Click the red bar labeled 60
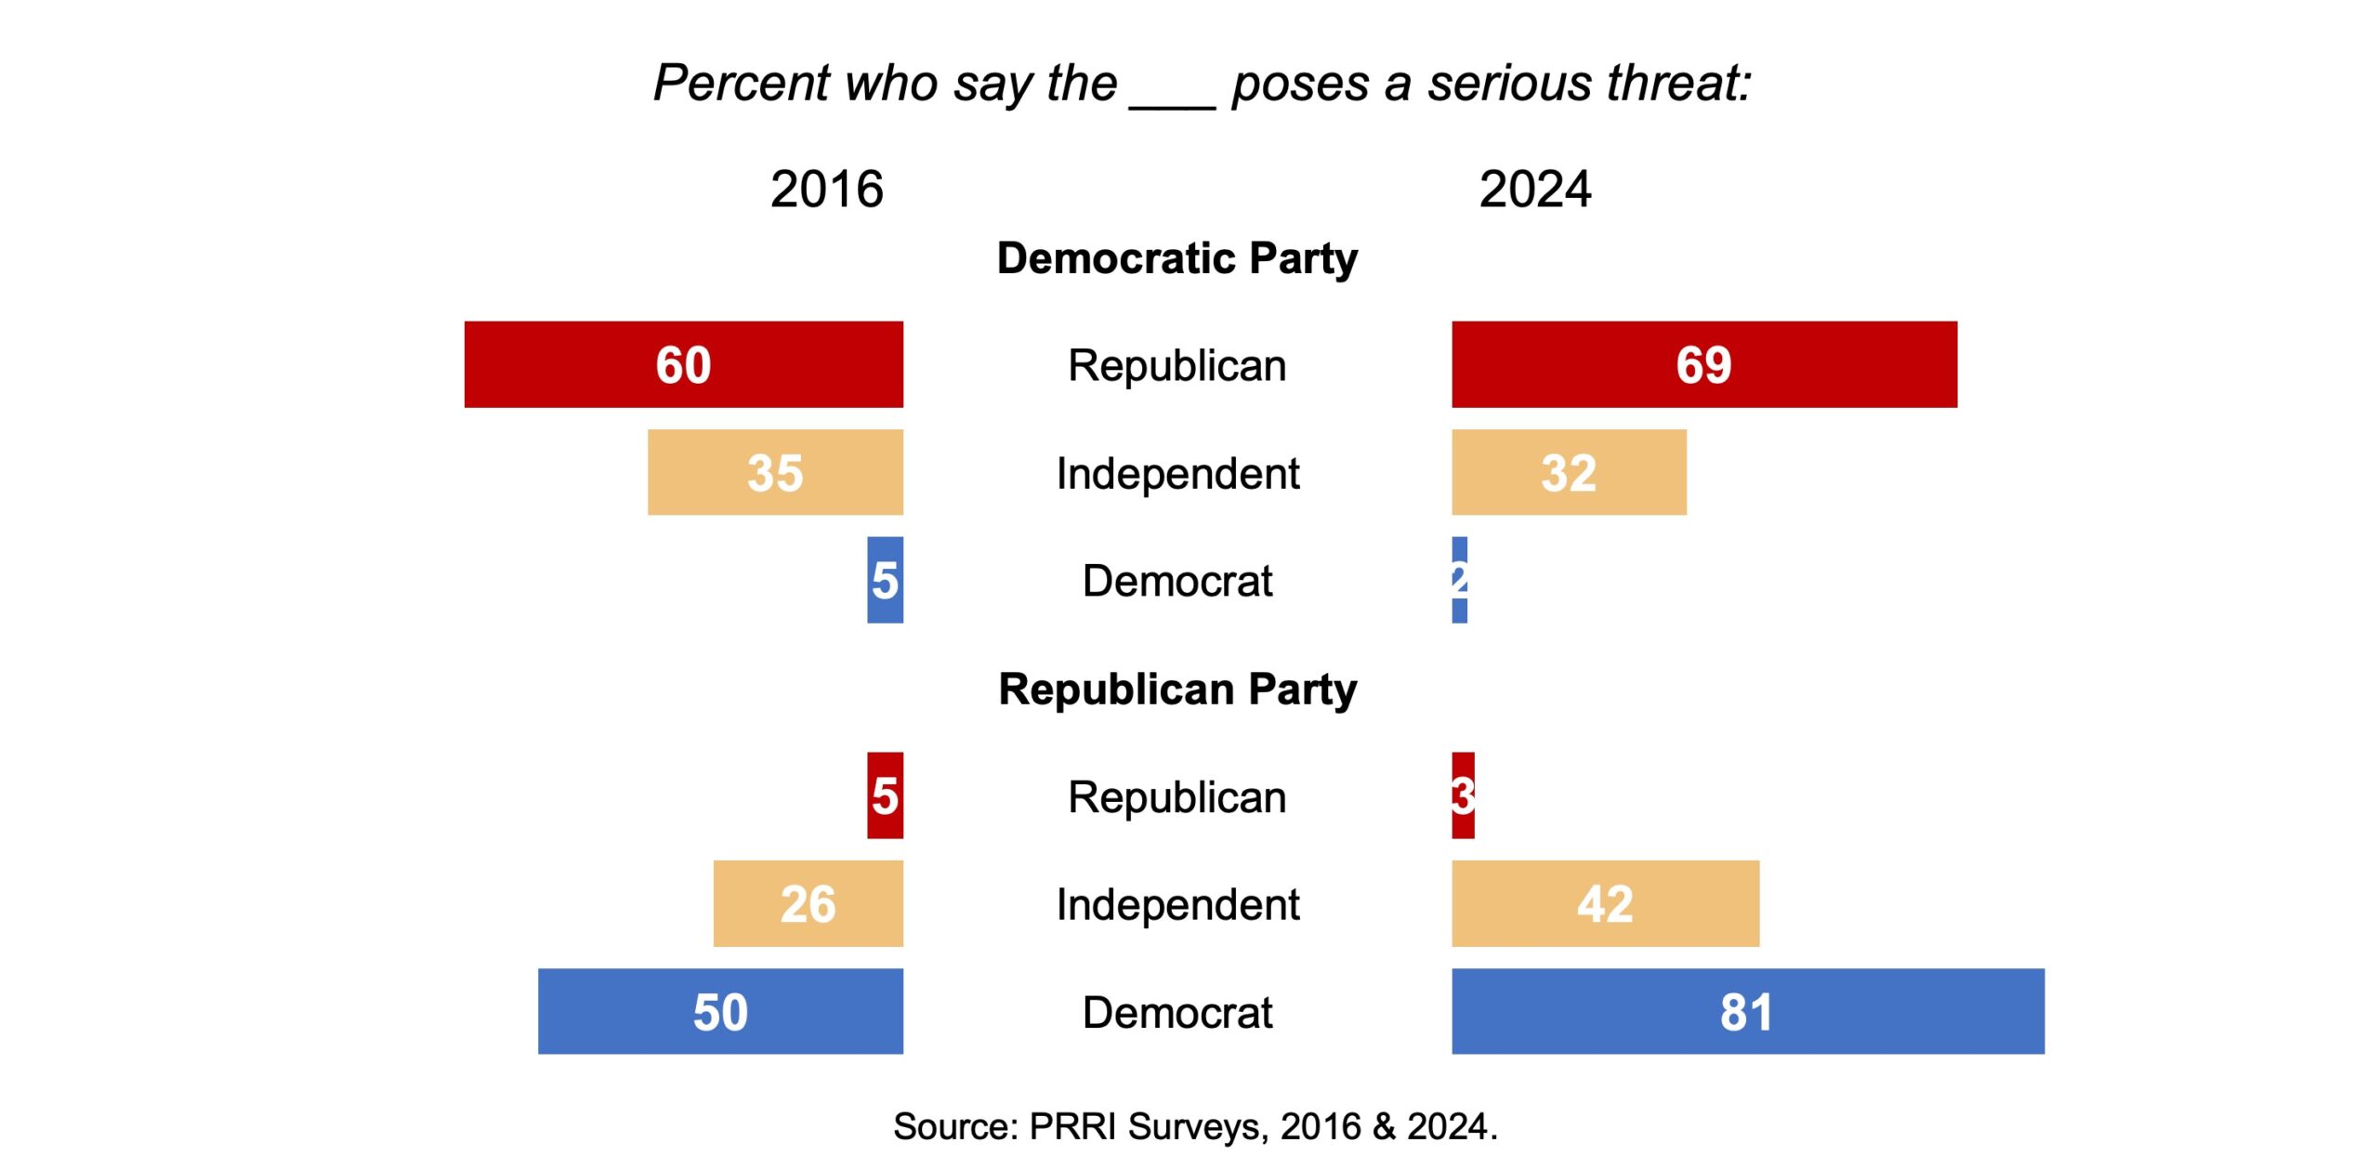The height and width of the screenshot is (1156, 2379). coord(683,364)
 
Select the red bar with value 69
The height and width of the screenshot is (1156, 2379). coord(1703,364)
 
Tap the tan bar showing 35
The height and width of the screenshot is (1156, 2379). coord(775,472)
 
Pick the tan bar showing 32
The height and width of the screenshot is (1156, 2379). coord(1569,472)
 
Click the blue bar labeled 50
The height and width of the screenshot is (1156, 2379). coord(720,1011)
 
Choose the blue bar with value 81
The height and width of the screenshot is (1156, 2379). coord(1747,1011)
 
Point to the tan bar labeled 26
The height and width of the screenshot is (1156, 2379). coord(808,903)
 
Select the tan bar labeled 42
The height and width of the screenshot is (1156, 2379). coord(1605,903)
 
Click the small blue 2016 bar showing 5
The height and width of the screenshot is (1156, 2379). coord(885,580)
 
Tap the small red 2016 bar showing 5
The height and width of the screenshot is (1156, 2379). coord(885,795)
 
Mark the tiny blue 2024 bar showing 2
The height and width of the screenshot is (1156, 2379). coord(1459,580)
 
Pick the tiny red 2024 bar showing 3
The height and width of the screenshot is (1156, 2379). coord(1463,795)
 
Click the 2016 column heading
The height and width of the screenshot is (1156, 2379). coord(826,190)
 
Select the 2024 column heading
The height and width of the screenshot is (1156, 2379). coord(1535,190)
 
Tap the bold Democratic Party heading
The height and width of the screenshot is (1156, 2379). coord(1176,258)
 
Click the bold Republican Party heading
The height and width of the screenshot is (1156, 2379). coord(1176,690)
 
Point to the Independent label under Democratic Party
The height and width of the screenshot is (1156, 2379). coord(1176,474)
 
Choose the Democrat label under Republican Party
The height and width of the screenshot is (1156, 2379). coord(1176,1013)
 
